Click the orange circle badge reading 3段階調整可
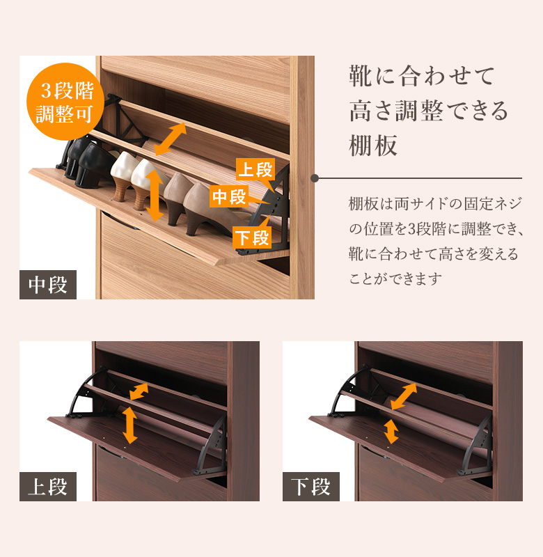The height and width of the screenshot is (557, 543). [x=65, y=101]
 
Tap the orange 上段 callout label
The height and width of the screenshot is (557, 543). [x=255, y=169]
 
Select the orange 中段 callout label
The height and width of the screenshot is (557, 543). [x=229, y=196]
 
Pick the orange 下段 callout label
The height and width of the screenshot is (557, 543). [x=252, y=237]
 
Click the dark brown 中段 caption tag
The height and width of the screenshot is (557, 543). [x=48, y=285]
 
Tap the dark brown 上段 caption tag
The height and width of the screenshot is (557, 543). [x=48, y=486]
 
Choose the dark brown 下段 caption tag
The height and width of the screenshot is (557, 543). [x=311, y=486]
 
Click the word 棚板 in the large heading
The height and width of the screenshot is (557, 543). [x=373, y=145]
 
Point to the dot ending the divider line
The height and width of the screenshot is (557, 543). [x=315, y=178]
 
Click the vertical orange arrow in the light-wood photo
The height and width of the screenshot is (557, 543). [x=155, y=196]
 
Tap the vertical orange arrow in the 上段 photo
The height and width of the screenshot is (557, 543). [x=130, y=425]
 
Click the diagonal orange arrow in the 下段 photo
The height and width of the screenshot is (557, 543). [x=404, y=396]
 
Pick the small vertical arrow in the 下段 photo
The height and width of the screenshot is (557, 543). [x=391, y=431]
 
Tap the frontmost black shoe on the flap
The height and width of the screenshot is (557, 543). [x=93, y=165]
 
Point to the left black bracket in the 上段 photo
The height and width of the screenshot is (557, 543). [x=87, y=393]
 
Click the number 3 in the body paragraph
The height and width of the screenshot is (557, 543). [x=411, y=229]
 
